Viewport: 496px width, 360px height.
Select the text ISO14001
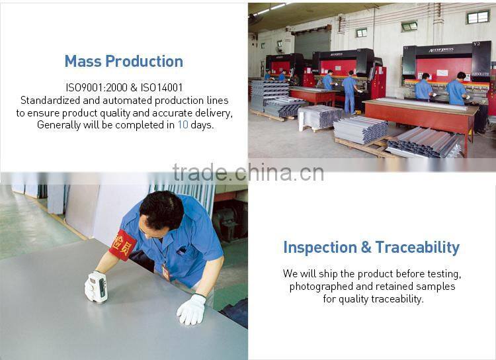point(161,87)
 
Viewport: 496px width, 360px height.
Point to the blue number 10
point(183,125)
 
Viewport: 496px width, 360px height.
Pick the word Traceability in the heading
point(417,247)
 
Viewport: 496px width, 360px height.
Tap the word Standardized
point(52,100)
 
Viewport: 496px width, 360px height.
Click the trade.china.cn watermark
point(248,173)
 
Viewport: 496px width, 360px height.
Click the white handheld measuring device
point(97,287)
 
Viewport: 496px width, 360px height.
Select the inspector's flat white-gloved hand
point(192,308)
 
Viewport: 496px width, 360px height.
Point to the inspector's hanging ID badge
point(165,271)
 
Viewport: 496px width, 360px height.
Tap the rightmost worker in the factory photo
point(456,89)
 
